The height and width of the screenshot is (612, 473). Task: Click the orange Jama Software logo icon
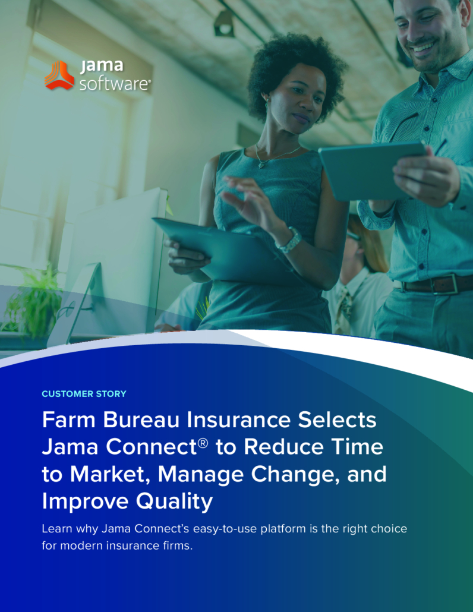pos(59,75)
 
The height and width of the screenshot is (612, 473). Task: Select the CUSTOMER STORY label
pos(84,394)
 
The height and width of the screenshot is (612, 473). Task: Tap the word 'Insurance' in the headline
pos(238,420)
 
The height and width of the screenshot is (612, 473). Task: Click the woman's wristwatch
pos(289,240)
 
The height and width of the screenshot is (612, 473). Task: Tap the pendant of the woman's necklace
pos(261,165)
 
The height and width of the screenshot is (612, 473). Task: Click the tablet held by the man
pos(372,171)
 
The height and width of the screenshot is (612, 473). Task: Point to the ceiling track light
pos(224,24)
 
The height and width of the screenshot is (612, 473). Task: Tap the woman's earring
pos(267,104)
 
